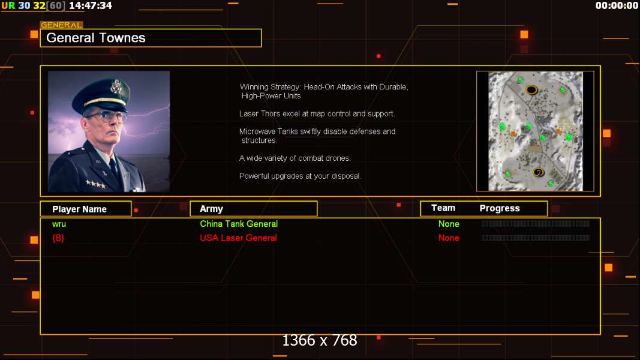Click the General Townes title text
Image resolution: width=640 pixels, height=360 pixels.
click(95, 38)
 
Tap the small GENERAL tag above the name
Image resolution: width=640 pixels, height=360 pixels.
click(61, 25)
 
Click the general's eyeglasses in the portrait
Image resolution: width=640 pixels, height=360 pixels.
click(107, 117)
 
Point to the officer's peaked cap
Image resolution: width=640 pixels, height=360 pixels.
click(102, 95)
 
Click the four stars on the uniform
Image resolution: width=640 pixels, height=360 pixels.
click(95, 184)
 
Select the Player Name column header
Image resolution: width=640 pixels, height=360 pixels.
click(80, 209)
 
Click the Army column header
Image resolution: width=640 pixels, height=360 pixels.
click(211, 209)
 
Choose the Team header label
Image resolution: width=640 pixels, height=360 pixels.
click(443, 208)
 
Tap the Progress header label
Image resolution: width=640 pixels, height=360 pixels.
click(500, 209)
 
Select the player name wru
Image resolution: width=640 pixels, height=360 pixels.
click(59, 224)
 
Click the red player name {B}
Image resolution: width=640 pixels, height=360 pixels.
click(58, 238)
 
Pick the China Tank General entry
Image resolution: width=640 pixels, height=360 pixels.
click(239, 224)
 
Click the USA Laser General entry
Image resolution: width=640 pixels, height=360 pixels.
click(238, 238)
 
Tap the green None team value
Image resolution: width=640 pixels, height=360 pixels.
click(449, 224)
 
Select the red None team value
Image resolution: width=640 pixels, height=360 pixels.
click(449, 238)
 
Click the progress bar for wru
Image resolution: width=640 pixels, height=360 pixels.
click(536, 224)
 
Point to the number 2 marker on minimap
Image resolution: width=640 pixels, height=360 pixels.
click(539, 173)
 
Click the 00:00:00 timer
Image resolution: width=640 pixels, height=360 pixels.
click(617, 6)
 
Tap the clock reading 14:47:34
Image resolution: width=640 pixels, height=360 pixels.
click(91, 6)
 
